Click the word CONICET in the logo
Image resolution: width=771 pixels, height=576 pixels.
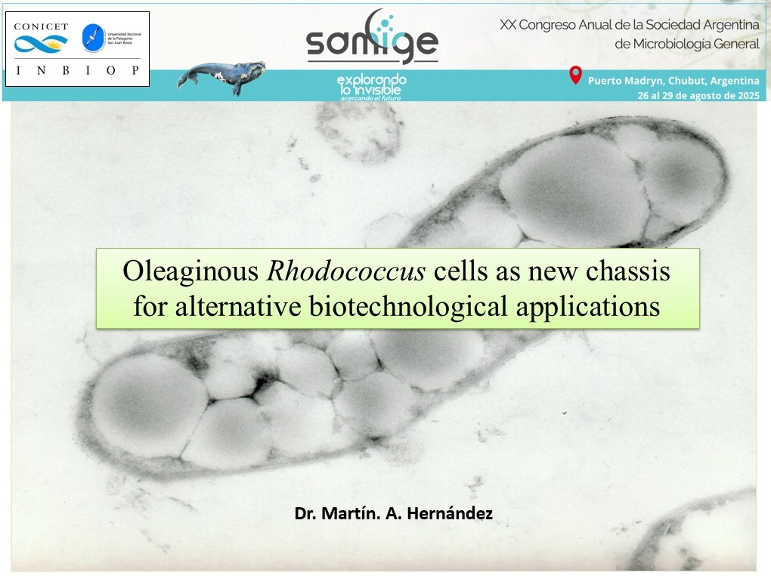coord(41,26)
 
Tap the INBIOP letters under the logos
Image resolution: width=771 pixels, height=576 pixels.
coord(77,70)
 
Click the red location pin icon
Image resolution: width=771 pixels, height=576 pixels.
coord(575,76)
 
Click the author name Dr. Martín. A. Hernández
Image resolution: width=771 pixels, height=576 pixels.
coord(393,514)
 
